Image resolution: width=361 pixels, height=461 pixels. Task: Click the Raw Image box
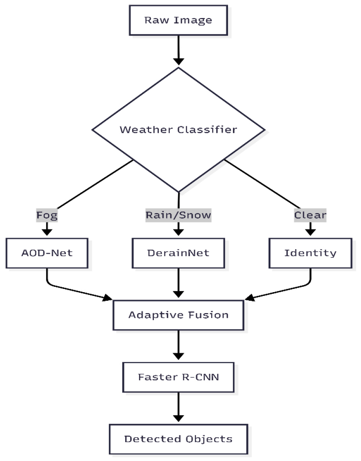(178, 20)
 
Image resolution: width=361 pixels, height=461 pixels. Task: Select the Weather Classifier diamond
(178, 130)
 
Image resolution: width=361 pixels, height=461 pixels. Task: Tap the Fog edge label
(47, 215)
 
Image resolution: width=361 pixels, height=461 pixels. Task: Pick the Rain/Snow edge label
(178, 215)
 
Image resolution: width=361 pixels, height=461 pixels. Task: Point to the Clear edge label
(310, 215)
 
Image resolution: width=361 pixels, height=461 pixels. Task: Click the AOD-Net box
(47, 252)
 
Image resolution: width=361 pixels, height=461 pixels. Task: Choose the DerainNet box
(178, 252)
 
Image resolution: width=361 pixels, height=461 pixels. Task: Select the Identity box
(310, 252)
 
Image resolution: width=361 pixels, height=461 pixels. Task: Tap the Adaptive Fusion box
(178, 315)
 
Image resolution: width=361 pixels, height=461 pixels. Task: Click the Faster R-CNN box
(178, 377)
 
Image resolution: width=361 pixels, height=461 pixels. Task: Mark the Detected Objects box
(178, 439)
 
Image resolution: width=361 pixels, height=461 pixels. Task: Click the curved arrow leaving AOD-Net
(74, 289)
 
